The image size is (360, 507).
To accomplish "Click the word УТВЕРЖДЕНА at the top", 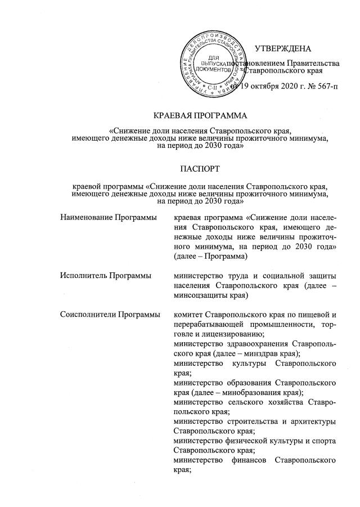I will tap(283, 50).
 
